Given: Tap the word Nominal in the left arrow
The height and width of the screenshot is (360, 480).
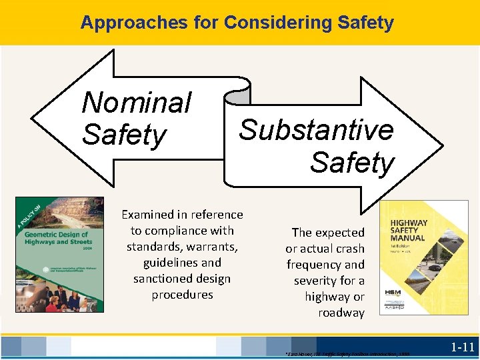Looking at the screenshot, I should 136,103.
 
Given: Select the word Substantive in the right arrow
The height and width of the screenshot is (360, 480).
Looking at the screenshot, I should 316,130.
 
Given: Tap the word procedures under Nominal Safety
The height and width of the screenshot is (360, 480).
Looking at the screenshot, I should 182,295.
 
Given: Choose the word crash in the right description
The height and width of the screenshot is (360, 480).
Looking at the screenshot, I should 350,249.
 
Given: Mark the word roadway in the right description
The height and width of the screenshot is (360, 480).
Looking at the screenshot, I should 341,313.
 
